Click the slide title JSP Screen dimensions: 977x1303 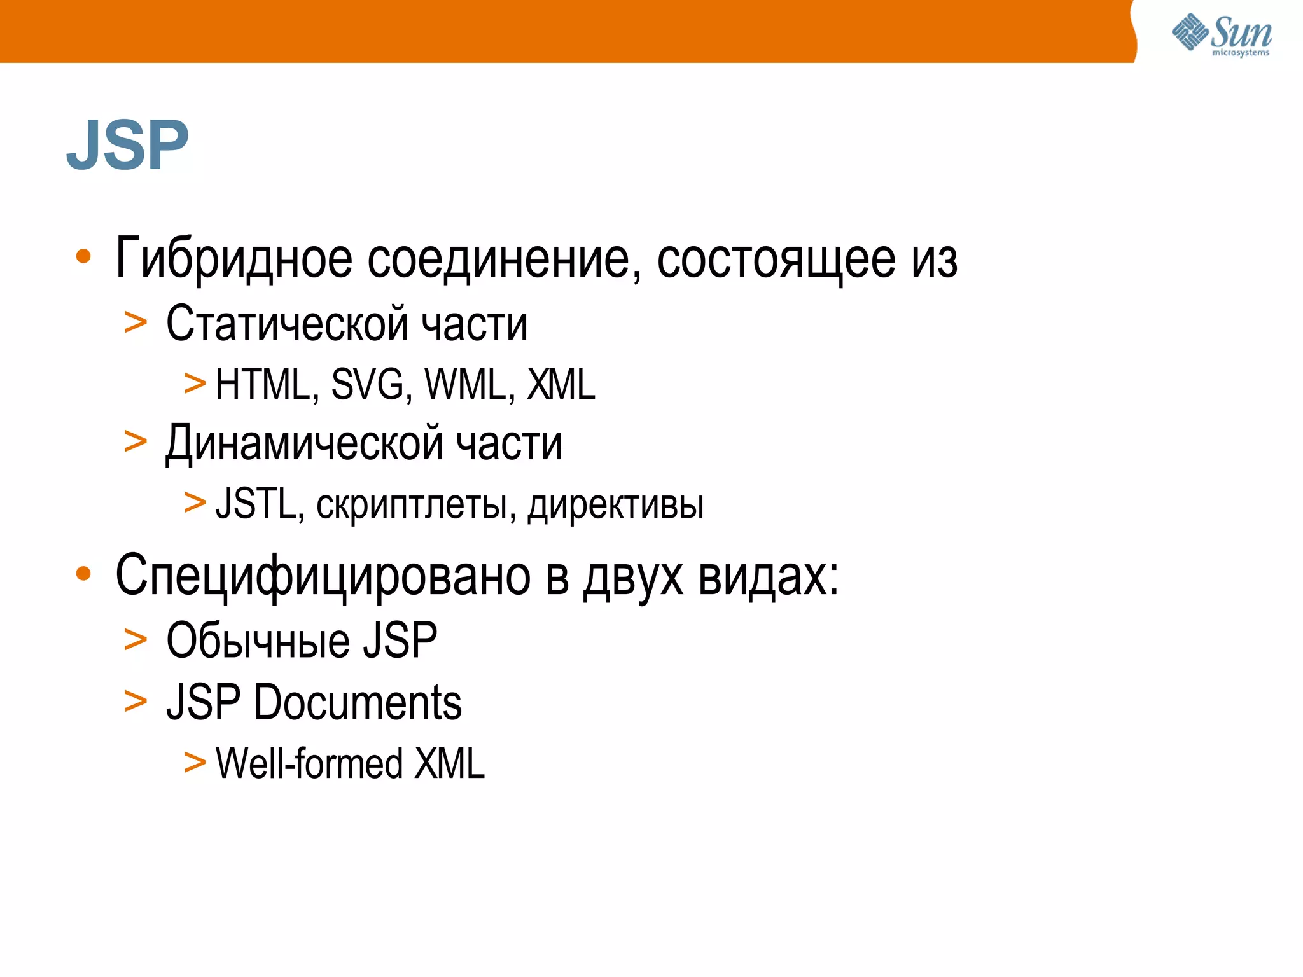tap(128, 145)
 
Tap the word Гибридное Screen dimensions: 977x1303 tap(233, 260)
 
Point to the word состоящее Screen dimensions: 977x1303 tap(776, 260)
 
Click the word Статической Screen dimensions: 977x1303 tap(286, 324)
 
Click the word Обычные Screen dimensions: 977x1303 tap(257, 641)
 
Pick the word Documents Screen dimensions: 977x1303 tap(358, 703)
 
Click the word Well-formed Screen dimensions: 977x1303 tap(309, 763)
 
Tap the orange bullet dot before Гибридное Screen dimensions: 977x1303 tap(83, 256)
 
